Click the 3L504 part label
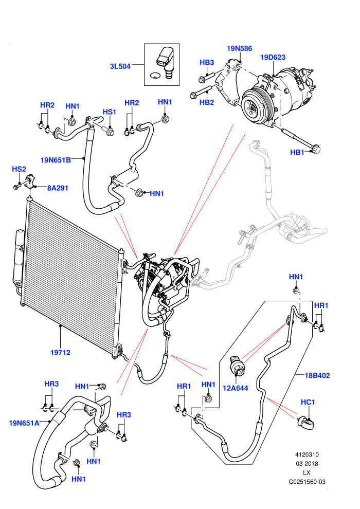[x=120, y=66]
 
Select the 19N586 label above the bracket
[x=239, y=49]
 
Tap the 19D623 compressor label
[x=273, y=58]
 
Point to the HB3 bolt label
[x=207, y=62]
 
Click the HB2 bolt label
[x=207, y=103]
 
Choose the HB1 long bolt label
[x=297, y=152]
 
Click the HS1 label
[x=110, y=112]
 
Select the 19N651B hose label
[x=56, y=160]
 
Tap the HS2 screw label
[x=19, y=169]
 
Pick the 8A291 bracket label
[x=58, y=188]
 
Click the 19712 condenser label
[x=60, y=353]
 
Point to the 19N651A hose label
[x=24, y=423]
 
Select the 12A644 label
[x=236, y=388]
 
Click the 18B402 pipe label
[x=317, y=376]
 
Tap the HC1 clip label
[x=308, y=402]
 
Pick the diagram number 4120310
[x=307, y=455]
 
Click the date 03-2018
[x=307, y=464]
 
